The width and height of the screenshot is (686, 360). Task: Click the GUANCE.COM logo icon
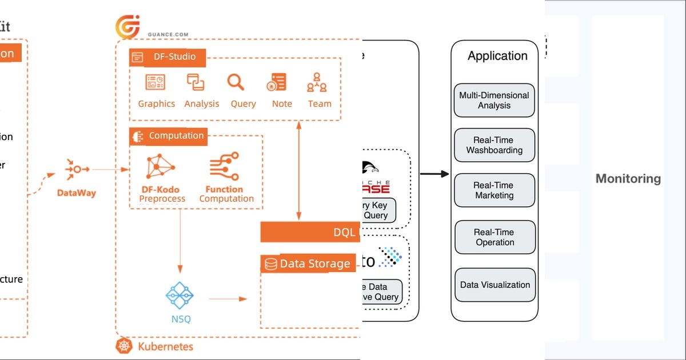(x=127, y=27)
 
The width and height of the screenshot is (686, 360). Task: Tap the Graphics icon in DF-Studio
(x=155, y=82)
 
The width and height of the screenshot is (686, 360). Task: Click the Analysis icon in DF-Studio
(x=196, y=82)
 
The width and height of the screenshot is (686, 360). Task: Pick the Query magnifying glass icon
(x=236, y=82)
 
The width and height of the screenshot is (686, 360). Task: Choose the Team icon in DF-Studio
(x=317, y=82)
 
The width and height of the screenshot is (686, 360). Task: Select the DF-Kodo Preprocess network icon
(x=161, y=167)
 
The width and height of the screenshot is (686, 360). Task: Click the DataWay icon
(x=77, y=169)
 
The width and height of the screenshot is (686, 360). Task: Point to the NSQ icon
(x=180, y=295)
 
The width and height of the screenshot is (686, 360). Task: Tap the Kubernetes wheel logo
(x=124, y=346)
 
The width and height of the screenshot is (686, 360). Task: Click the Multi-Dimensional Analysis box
(x=494, y=101)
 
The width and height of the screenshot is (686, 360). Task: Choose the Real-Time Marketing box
(x=494, y=190)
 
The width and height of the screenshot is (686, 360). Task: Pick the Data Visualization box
(x=495, y=285)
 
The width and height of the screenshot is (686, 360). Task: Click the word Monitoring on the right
(x=628, y=178)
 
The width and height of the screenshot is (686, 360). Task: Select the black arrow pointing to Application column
(x=434, y=174)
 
